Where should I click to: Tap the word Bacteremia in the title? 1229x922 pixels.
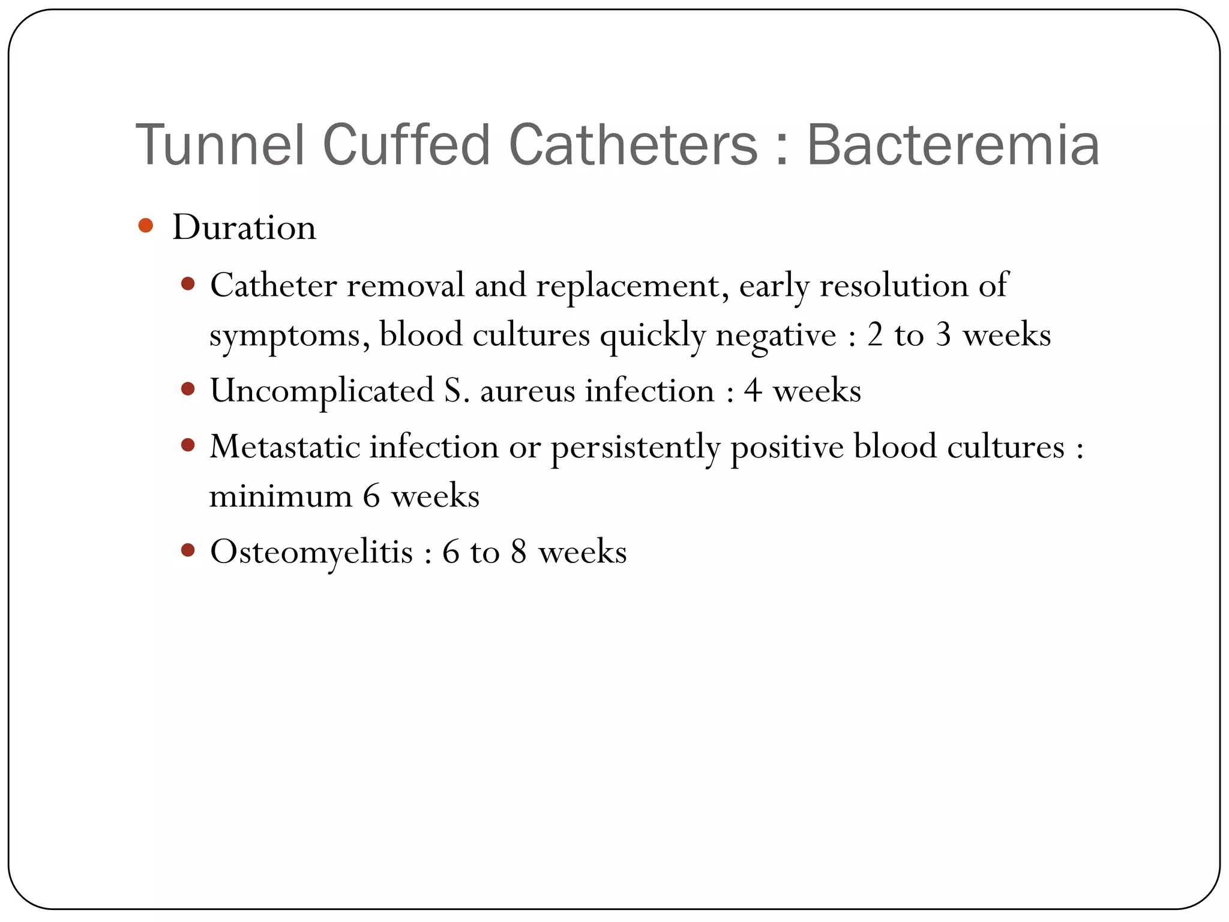click(x=953, y=145)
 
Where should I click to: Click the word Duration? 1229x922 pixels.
click(x=244, y=227)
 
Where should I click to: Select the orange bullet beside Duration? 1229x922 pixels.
click(x=145, y=226)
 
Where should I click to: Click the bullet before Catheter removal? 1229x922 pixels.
click(x=188, y=283)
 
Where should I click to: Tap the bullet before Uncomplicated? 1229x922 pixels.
click(x=188, y=389)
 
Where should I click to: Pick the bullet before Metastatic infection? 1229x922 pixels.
click(x=188, y=445)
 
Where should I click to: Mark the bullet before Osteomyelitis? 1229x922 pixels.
click(x=188, y=550)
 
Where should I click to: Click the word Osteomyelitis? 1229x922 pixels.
click(x=311, y=552)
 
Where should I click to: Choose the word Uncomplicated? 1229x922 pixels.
click(x=322, y=391)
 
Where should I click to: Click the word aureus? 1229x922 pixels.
click(x=527, y=391)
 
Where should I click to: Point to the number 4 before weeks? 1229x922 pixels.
click(x=753, y=391)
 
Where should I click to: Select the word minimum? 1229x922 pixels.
click(x=280, y=496)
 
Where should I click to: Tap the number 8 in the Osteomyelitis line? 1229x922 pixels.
click(x=519, y=552)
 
